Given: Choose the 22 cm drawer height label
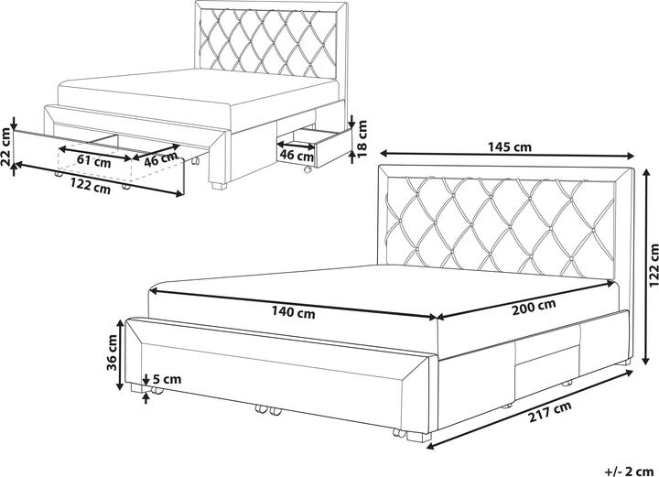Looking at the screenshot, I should pyautogui.click(x=6, y=148).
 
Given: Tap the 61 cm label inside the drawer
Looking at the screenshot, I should pyautogui.click(x=87, y=159).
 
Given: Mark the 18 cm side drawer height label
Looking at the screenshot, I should pyautogui.click(x=362, y=136).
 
